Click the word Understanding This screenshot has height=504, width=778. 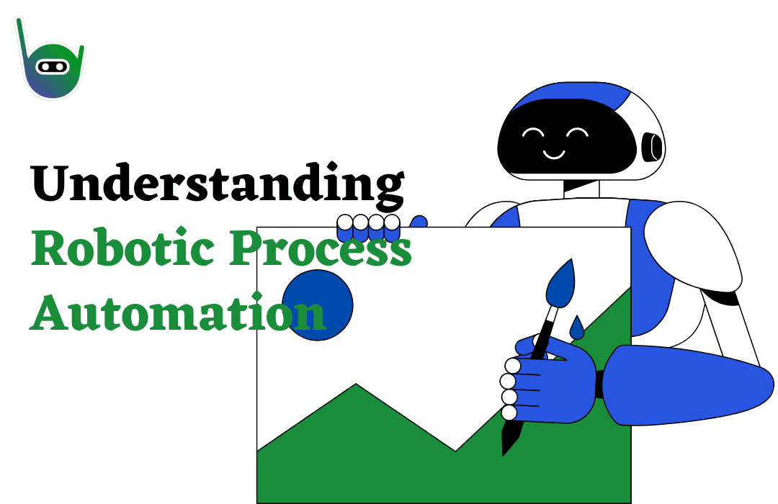(218, 184)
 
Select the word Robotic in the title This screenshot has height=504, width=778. (122, 247)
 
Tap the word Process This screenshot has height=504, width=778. (321, 248)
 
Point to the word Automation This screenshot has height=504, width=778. (178, 312)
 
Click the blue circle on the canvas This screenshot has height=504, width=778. (318, 305)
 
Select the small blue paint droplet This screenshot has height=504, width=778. (576, 328)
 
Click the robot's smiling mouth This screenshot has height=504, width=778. (554, 154)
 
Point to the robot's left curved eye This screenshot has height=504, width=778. (533, 132)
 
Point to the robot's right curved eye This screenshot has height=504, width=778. (578, 132)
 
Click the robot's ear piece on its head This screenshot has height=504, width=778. (651, 147)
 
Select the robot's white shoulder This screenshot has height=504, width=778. (692, 246)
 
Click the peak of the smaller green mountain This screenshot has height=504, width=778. (356, 384)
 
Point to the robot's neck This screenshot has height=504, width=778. (581, 189)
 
